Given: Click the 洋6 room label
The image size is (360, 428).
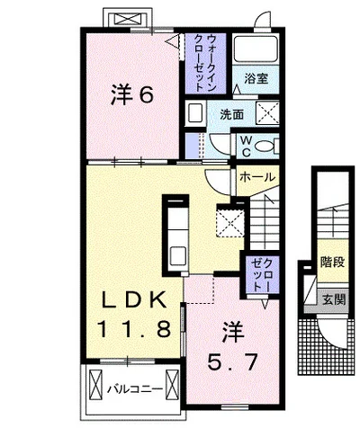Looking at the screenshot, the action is point(132,94).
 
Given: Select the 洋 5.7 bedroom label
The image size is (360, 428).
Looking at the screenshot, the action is point(233,346).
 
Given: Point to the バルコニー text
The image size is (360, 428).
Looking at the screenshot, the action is point(135,389).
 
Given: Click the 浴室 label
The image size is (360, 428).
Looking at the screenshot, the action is point(256,78).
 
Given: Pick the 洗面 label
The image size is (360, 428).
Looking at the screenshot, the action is point(231,114).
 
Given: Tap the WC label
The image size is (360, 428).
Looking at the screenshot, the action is point(247,147).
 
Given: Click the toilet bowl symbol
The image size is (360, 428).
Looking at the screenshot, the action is point(265,147).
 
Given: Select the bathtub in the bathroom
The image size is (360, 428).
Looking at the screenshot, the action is point(256,49).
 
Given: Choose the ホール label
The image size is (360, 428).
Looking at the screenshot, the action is point(257,177).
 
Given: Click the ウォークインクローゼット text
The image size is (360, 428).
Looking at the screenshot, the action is point(205,63).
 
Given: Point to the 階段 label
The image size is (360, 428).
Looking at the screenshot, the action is point(332,262).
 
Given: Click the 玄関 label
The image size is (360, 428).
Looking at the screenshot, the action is point(334,299).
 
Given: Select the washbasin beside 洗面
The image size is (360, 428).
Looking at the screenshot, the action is point(195,114).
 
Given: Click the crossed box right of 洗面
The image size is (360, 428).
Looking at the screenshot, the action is point(267,112).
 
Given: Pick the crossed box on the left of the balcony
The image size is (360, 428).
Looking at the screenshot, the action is point(96,384).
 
